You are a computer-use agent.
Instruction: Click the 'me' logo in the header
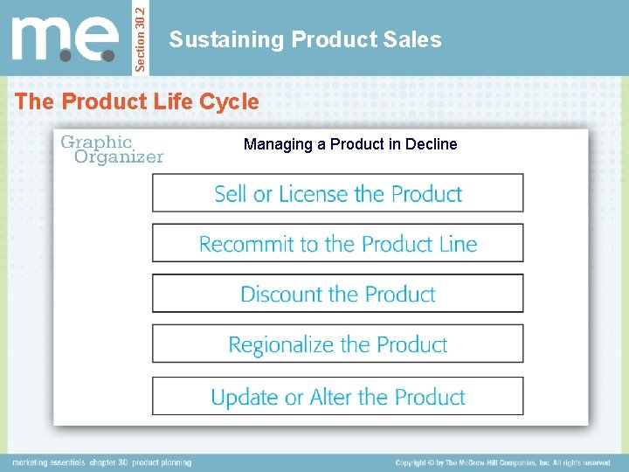[65, 38]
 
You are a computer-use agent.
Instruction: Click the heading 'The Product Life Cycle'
[137, 101]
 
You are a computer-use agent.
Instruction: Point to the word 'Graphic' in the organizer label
[96, 142]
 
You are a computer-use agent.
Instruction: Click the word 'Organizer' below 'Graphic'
[119, 157]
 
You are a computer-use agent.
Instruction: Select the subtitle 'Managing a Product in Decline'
[349, 144]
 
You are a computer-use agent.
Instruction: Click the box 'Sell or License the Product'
[338, 193]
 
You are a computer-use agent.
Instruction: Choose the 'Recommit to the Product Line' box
[338, 244]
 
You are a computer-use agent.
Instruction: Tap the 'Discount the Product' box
[338, 294]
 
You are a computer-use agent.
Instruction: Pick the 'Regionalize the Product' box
[338, 344]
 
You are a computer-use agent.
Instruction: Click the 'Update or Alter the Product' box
[338, 397]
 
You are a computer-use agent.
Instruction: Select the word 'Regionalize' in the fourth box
[281, 344]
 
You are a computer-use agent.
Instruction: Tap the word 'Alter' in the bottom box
[331, 397]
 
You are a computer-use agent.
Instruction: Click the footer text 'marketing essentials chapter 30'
[101, 462]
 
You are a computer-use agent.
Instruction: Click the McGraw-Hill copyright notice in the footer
[503, 462]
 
